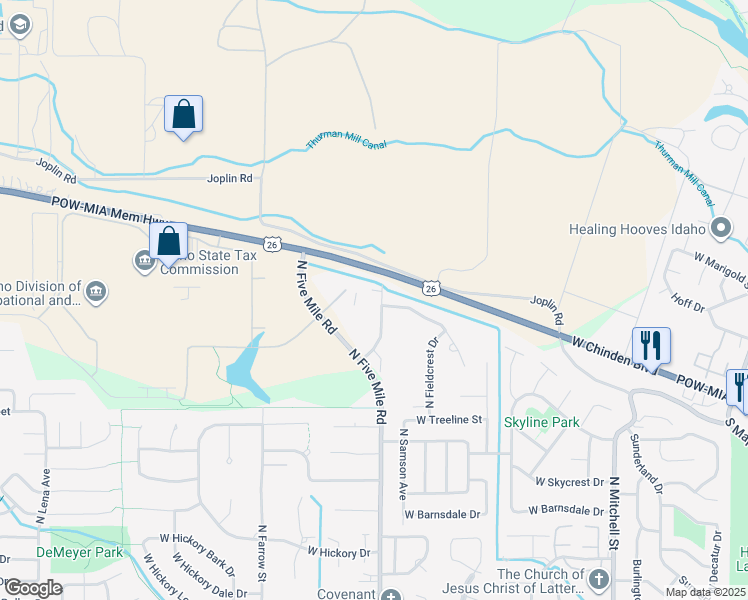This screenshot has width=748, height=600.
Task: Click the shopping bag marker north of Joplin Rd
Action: (x=184, y=115)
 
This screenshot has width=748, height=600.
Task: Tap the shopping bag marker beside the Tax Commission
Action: (x=169, y=242)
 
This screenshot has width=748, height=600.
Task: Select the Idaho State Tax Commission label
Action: (x=200, y=262)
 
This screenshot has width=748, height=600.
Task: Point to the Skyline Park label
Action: (x=541, y=423)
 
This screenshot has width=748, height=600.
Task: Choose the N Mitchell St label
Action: (x=615, y=514)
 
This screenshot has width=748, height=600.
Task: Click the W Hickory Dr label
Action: (x=338, y=552)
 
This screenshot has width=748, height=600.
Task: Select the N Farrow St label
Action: (x=262, y=552)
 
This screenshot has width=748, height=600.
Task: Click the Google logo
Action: (x=33, y=588)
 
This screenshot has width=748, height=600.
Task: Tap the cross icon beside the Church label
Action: (x=598, y=580)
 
